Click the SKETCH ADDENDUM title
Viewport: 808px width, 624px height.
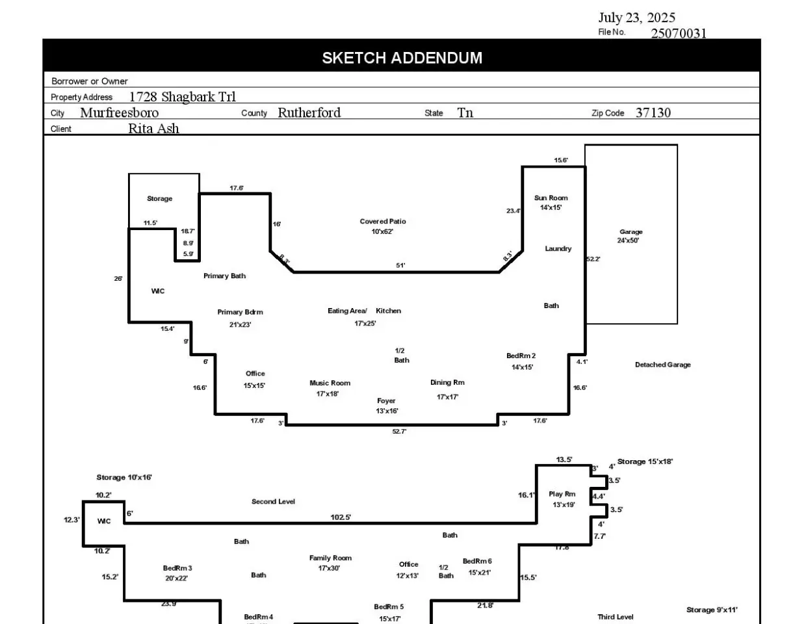coord(402,58)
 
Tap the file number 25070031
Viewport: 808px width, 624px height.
coord(679,33)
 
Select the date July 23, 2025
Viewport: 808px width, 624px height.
coord(636,18)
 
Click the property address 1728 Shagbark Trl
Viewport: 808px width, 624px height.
coord(183,97)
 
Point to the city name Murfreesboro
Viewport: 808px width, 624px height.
coord(119,112)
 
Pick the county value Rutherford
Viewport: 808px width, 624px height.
coord(309,112)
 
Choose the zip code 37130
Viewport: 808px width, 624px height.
coord(653,112)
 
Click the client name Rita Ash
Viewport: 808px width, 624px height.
coord(153,128)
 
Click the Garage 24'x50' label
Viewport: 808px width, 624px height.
coord(630,236)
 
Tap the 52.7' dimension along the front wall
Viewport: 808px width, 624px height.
coord(399,432)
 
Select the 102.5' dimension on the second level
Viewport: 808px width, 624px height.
coord(341,517)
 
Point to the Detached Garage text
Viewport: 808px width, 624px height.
coord(662,365)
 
